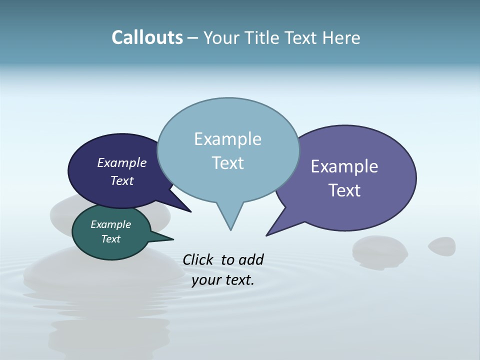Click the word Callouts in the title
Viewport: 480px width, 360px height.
pos(147,38)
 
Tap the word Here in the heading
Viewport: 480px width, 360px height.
pos(342,38)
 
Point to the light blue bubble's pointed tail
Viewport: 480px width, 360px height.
pos(230,220)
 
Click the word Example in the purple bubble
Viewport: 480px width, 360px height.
pos(344,166)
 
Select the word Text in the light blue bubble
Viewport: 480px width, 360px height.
pos(228,163)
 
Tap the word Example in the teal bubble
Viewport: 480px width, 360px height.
pos(110,224)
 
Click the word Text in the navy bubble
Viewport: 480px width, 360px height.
pos(122,180)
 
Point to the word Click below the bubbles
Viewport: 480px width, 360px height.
pos(198,259)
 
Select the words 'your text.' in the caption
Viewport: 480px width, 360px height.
pos(223,280)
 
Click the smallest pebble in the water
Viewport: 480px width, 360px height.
pos(442,245)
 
